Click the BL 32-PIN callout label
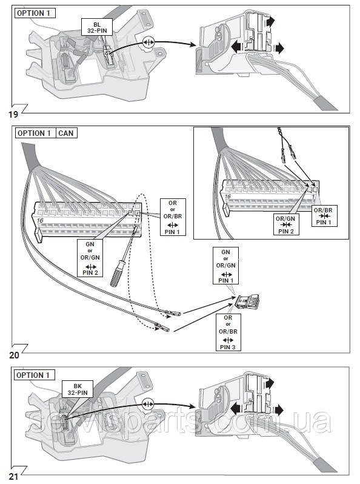click(97, 27)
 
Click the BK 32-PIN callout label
click(78, 389)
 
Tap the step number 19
click(13, 115)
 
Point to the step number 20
click(14, 355)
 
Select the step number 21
click(13, 477)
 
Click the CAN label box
click(66, 133)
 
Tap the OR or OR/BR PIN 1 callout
click(173, 217)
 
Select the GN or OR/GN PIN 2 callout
click(90, 258)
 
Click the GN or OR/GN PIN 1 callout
click(226, 266)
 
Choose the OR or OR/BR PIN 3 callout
click(228, 332)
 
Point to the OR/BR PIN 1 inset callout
click(324, 216)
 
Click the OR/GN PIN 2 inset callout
click(286, 224)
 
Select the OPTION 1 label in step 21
click(34, 375)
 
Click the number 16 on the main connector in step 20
click(40, 220)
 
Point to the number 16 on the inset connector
click(228, 197)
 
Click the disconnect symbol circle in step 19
click(148, 42)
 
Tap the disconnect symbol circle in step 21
click(148, 404)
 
